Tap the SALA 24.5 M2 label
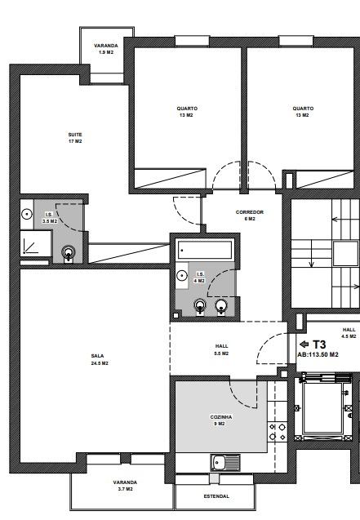(100, 359)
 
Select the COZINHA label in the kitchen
(221, 417)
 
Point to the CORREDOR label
(250, 212)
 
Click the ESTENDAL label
(216, 496)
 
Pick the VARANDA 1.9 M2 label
(106, 49)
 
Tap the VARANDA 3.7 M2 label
(125, 486)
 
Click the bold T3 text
(319, 344)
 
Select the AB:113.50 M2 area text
(318, 354)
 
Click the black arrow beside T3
(304, 344)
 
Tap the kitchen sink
(225, 462)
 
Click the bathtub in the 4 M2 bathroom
(205, 250)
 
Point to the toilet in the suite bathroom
(68, 254)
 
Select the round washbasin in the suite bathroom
(27, 214)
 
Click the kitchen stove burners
(278, 432)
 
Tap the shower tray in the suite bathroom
(36, 243)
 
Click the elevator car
(322, 407)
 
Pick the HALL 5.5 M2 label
(221, 350)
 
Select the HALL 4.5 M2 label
(349, 333)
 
